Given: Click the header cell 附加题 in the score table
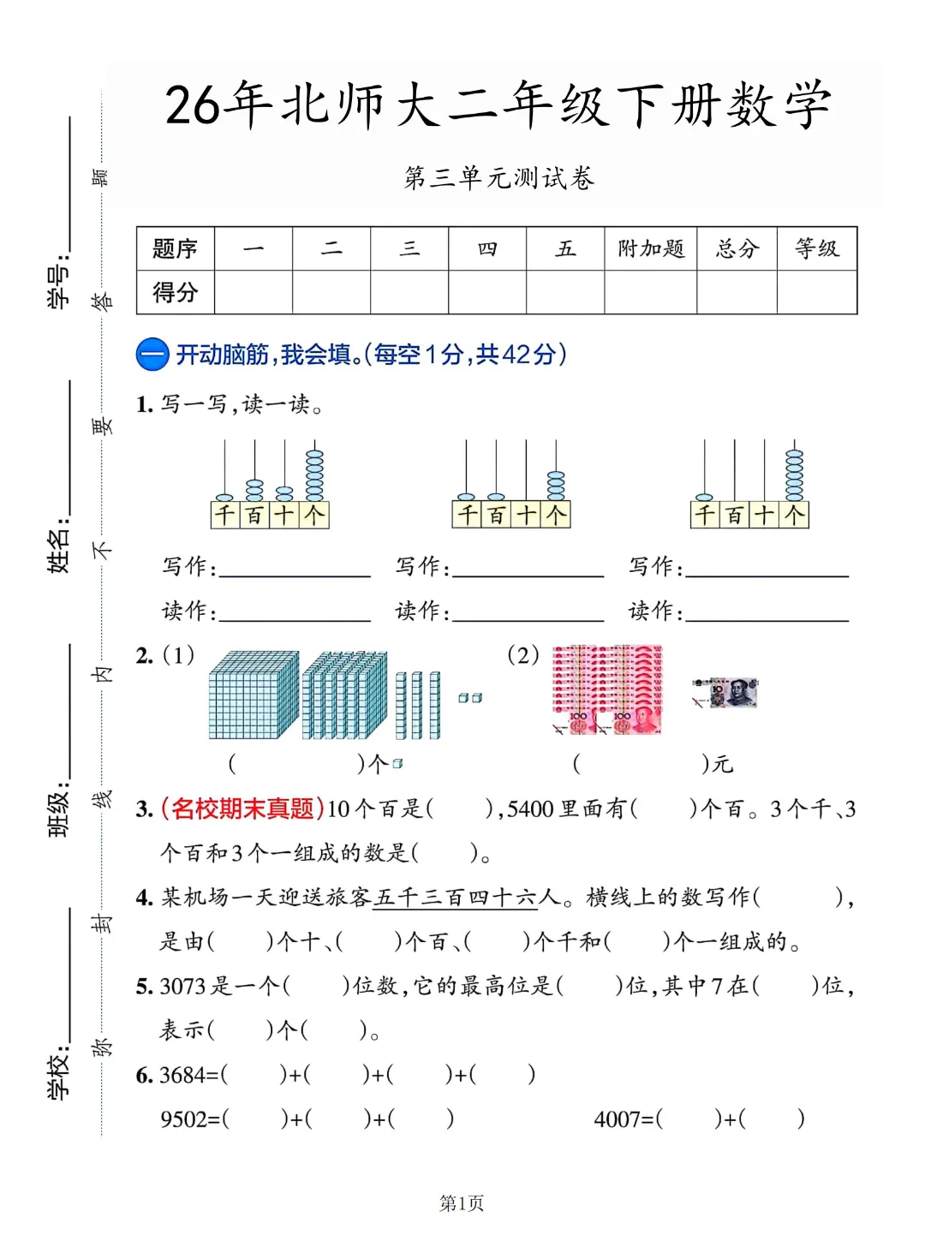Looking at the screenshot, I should click(x=651, y=249).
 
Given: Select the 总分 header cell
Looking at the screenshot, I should click(x=737, y=249).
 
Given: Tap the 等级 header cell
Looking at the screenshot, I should click(x=817, y=249).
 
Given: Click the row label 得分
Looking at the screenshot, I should click(x=176, y=293).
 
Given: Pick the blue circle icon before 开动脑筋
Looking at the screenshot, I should click(x=152, y=355).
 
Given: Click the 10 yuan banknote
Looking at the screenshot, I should click(x=726, y=693).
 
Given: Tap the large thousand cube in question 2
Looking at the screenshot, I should click(x=254, y=695).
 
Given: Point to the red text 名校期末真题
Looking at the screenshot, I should click(x=242, y=808).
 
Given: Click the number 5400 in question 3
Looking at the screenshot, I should click(x=530, y=809).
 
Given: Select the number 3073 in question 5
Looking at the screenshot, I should click(x=182, y=987).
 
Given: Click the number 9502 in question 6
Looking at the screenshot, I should click(x=183, y=1119).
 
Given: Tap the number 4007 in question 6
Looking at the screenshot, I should click(x=617, y=1119).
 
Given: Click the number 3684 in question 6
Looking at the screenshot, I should click(x=183, y=1075).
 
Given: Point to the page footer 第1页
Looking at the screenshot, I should click(x=462, y=1203).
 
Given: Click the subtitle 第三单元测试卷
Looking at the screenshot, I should click(x=499, y=178).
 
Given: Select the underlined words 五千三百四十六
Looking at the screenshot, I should click(x=454, y=898).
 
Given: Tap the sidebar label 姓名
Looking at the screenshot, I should click(x=58, y=545).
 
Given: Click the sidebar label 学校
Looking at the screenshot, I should click(x=58, y=1071).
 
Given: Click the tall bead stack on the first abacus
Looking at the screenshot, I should click(x=314, y=475).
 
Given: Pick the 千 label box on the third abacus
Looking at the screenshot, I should click(x=704, y=515).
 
